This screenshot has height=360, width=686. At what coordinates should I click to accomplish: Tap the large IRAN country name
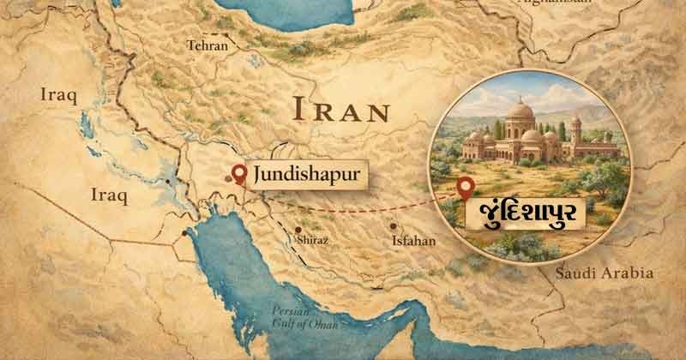(x=340, y=110)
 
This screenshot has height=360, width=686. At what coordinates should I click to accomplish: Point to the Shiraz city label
(x=310, y=242)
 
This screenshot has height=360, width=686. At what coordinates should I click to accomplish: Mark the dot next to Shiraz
(x=297, y=230)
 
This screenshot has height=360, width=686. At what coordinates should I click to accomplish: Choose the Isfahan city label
(x=413, y=242)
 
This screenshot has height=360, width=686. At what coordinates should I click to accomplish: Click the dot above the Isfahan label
(x=394, y=227)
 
